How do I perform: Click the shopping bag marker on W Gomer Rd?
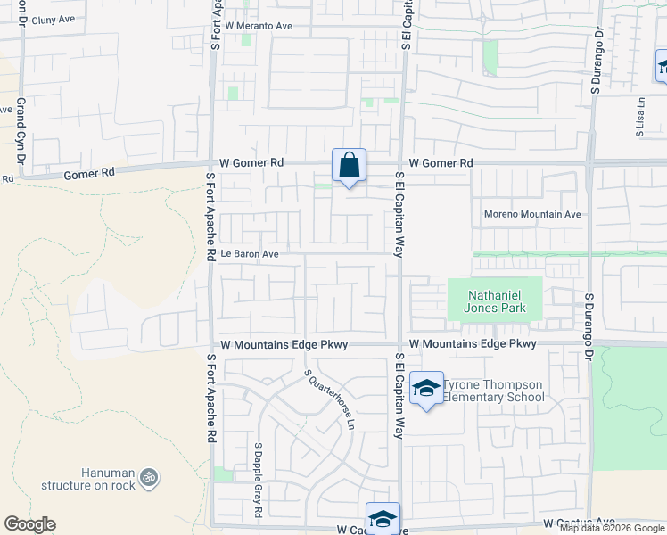pyautogui.click(x=349, y=165)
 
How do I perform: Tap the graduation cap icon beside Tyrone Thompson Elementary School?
pyautogui.click(x=427, y=388)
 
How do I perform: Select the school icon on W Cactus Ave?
pyautogui.click(x=383, y=518)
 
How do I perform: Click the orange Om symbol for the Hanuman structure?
pyautogui.click(x=149, y=477)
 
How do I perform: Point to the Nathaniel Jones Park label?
pyautogui.click(x=494, y=301)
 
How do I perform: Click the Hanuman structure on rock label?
pyautogui.click(x=87, y=479)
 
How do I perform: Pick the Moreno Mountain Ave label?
pyautogui.click(x=532, y=214)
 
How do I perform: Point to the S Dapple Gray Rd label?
pyautogui.click(x=258, y=480)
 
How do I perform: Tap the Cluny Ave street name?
pyautogui.click(x=53, y=18)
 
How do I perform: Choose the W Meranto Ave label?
pyautogui.click(x=259, y=27)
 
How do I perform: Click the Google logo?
pyautogui.click(x=29, y=524)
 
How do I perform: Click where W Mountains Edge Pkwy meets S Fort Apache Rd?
pyautogui.click(x=211, y=345)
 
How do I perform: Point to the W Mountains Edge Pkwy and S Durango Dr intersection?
pyautogui.click(x=589, y=343)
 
